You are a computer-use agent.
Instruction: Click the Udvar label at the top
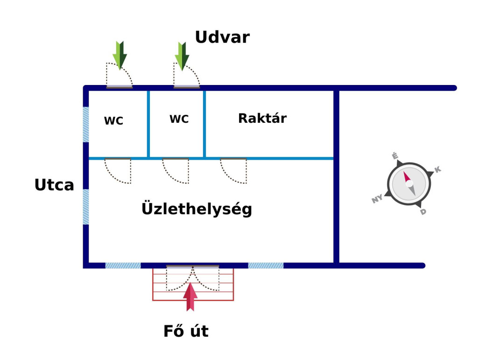(x=222, y=37)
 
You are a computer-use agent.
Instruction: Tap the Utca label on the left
(x=54, y=185)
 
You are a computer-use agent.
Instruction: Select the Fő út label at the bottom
(x=186, y=332)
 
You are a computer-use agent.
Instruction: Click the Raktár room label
(x=262, y=119)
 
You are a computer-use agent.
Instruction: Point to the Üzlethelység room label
(x=197, y=209)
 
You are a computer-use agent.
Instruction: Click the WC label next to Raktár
(x=179, y=120)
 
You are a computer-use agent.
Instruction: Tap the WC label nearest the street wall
(x=113, y=121)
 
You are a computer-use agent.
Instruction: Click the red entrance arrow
(x=190, y=297)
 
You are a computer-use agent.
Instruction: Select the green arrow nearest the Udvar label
(x=182, y=56)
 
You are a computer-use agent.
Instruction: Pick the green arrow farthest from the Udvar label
(x=119, y=55)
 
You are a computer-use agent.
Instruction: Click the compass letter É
(x=395, y=156)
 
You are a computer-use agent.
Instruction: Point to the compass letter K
(x=437, y=169)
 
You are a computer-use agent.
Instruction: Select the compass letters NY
(x=377, y=199)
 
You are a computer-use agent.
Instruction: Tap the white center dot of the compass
(x=409, y=184)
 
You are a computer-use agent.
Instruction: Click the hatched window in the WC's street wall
(x=86, y=125)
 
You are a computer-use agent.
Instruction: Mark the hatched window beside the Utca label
(x=86, y=207)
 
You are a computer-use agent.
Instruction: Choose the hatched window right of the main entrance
(x=266, y=266)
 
